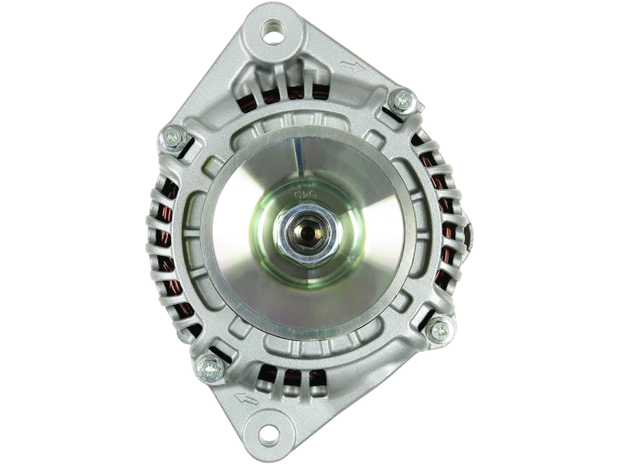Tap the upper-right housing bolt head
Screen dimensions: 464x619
click(x=402, y=98)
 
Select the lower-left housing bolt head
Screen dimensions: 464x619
click(x=207, y=366)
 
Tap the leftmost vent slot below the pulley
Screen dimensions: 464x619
click(x=267, y=377)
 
